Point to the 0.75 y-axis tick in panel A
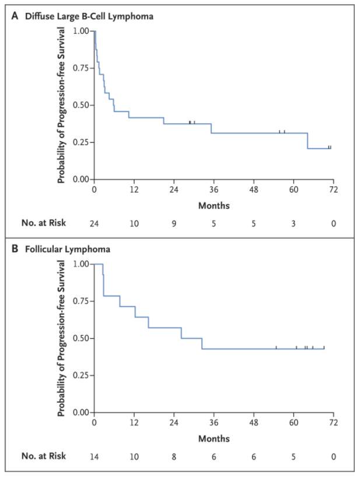click(81, 68)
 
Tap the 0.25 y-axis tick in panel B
click(81, 375)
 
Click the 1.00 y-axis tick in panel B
click(81, 264)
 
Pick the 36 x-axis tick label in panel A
click(214, 190)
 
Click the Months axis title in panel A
click(214, 206)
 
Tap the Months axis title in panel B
click(214, 438)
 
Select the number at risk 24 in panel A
click(94, 222)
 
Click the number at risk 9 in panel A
click(174, 222)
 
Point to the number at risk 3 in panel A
click(293, 222)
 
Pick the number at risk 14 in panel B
click(94, 456)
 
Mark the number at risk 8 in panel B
click(174, 456)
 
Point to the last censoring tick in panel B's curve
click(324, 347)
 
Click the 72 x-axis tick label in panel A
click(333, 190)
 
